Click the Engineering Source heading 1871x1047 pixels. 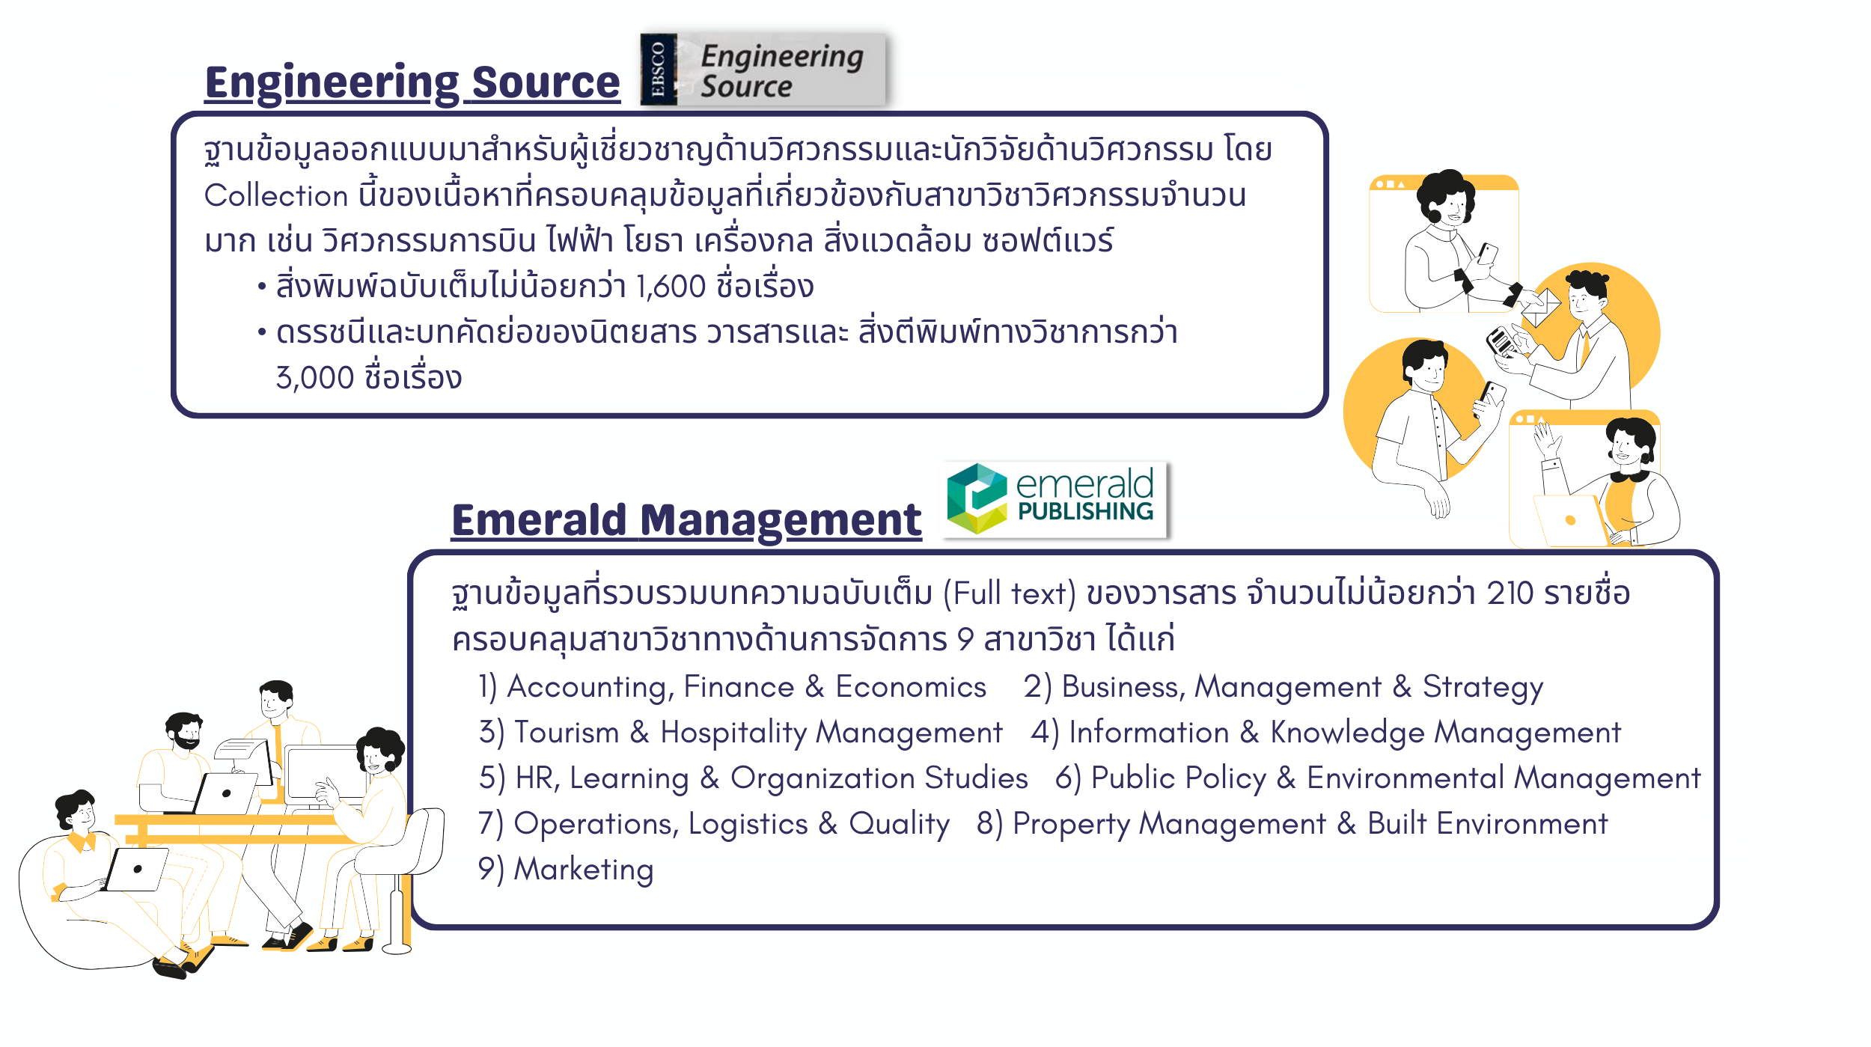[x=412, y=83]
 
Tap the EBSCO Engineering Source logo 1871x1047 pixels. [x=763, y=70]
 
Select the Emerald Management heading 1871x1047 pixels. [x=686, y=520]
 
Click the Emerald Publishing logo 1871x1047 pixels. [x=1055, y=499]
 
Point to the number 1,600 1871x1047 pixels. [x=671, y=287]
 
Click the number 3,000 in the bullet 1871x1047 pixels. [x=315, y=378]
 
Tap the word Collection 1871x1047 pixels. [x=276, y=195]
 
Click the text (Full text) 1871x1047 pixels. [x=1010, y=594]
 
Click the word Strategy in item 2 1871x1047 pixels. [x=1483, y=688]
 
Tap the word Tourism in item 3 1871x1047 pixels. [x=567, y=733]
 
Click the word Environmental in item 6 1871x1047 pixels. [x=1405, y=778]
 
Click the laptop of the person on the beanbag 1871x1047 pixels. [x=136, y=870]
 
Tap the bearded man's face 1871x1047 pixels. [x=187, y=733]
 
